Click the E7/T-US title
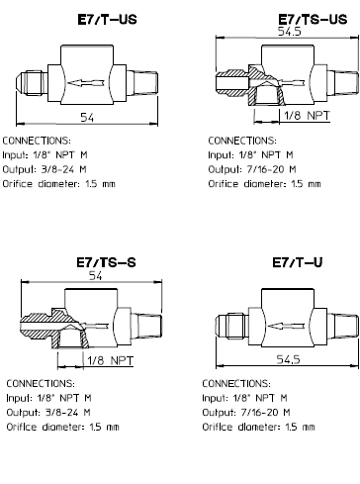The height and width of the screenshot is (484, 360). click(x=107, y=20)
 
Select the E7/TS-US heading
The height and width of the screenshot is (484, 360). click(x=313, y=19)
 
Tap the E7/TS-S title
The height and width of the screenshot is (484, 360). click(x=106, y=262)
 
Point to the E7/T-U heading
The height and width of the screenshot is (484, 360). click(x=298, y=262)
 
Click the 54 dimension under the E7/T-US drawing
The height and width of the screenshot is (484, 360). click(x=87, y=117)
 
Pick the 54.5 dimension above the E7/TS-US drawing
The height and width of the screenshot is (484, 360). click(x=290, y=32)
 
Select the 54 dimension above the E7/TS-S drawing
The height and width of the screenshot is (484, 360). click(x=96, y=276)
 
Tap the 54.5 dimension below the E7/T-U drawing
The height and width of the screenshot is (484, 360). click(x=288, y=359)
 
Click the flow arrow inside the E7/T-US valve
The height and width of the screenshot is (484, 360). click(x=86, y=82)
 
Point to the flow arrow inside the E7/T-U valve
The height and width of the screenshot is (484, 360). click(x=286, y=327)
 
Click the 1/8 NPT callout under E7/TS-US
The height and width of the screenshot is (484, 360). click(x=307, y=116)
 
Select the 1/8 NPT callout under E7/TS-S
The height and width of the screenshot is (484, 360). click(x=111, y=360)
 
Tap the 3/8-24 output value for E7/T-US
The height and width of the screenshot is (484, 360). click(x=57, y=169)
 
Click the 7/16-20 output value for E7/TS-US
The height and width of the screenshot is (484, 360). click(x=265, y=169)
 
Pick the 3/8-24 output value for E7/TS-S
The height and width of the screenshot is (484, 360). click(x=61, y=413)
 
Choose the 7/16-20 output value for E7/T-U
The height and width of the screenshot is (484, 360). click(x=259, y=413)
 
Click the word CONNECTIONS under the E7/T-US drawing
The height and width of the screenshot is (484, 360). click(x=37, y=141)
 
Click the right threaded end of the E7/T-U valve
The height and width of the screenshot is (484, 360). click(x=345, y=326)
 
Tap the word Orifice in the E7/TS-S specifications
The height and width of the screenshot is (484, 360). click(x=22, y=427)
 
